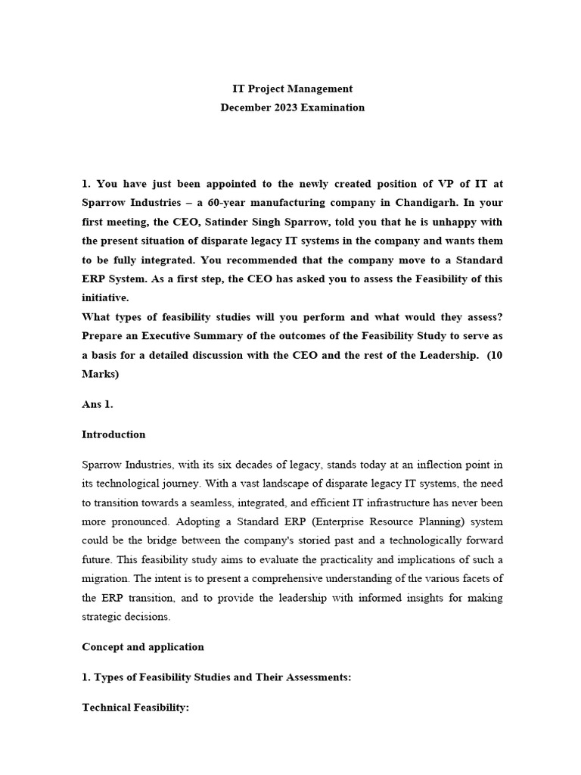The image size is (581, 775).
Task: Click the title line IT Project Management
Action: pyautogui.click(x=292, y=89)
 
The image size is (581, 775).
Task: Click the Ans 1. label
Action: pyautogui.click(x=97, y=404)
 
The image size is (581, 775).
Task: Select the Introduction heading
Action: pyautogui.click(x=113, y=434)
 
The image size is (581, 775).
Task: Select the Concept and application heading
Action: pyautogui.click(x=143, y=647)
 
